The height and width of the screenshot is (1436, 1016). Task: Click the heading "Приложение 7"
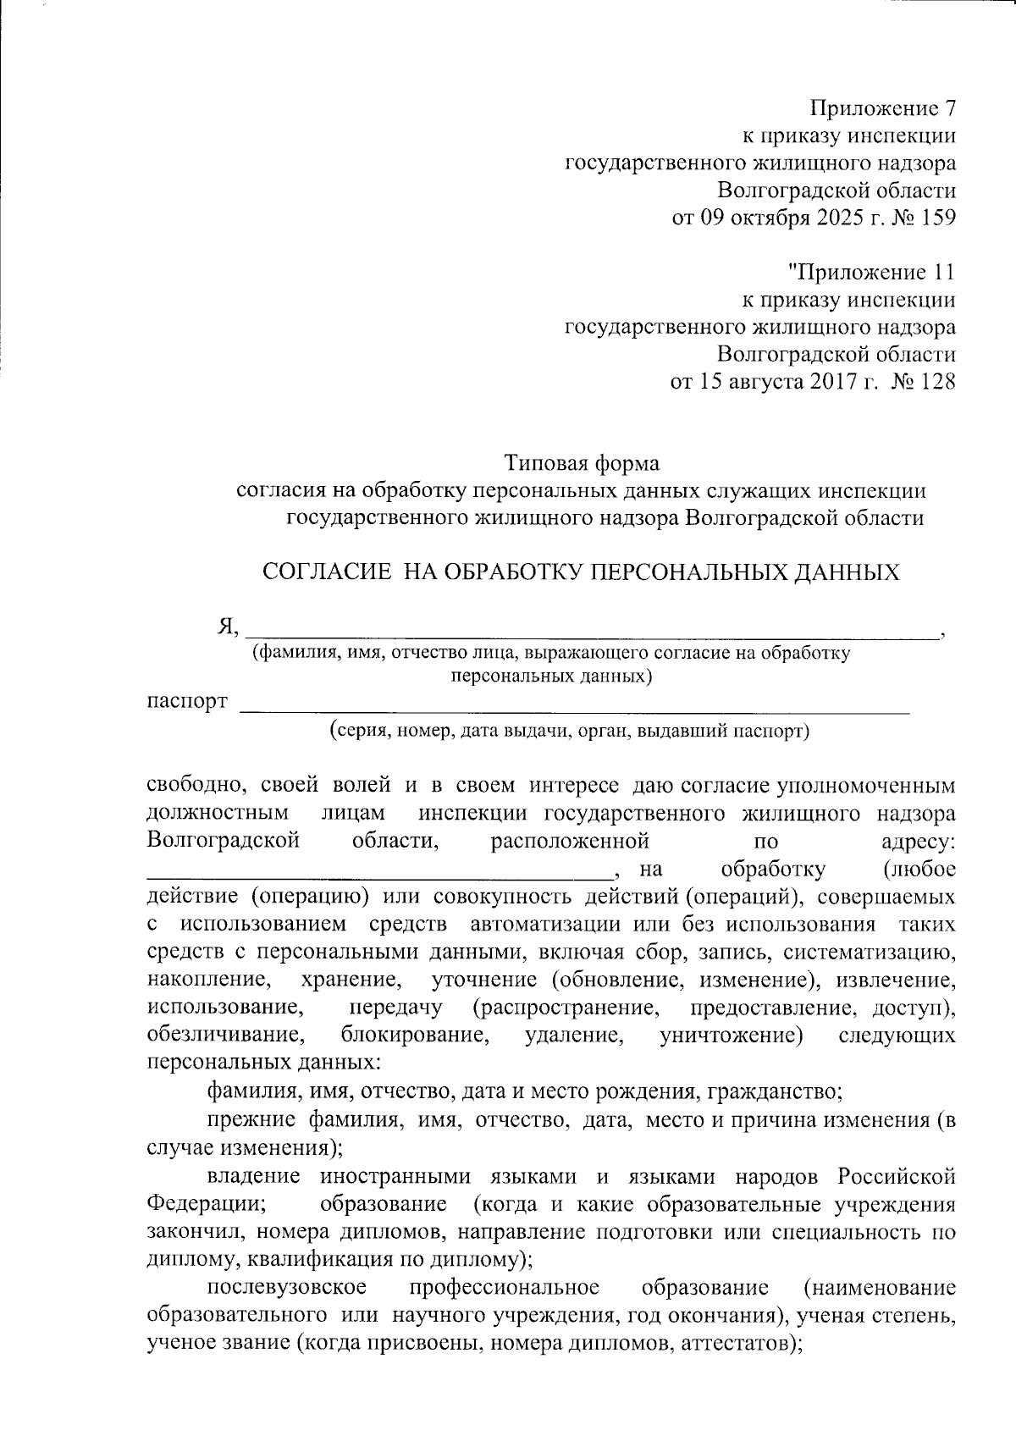pyautogui.click(x=883, y=108)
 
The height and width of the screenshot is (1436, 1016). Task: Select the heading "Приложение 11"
pyautogui.click(x=871, y=273)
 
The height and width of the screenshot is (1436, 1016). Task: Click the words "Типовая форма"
pyautogui.click(x=582, y=463)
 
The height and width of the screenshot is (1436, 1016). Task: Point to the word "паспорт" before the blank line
pyautogui.click(x=187, y=702)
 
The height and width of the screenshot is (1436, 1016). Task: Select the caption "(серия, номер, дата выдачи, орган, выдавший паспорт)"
pyautogui.click(x=569, y=731)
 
